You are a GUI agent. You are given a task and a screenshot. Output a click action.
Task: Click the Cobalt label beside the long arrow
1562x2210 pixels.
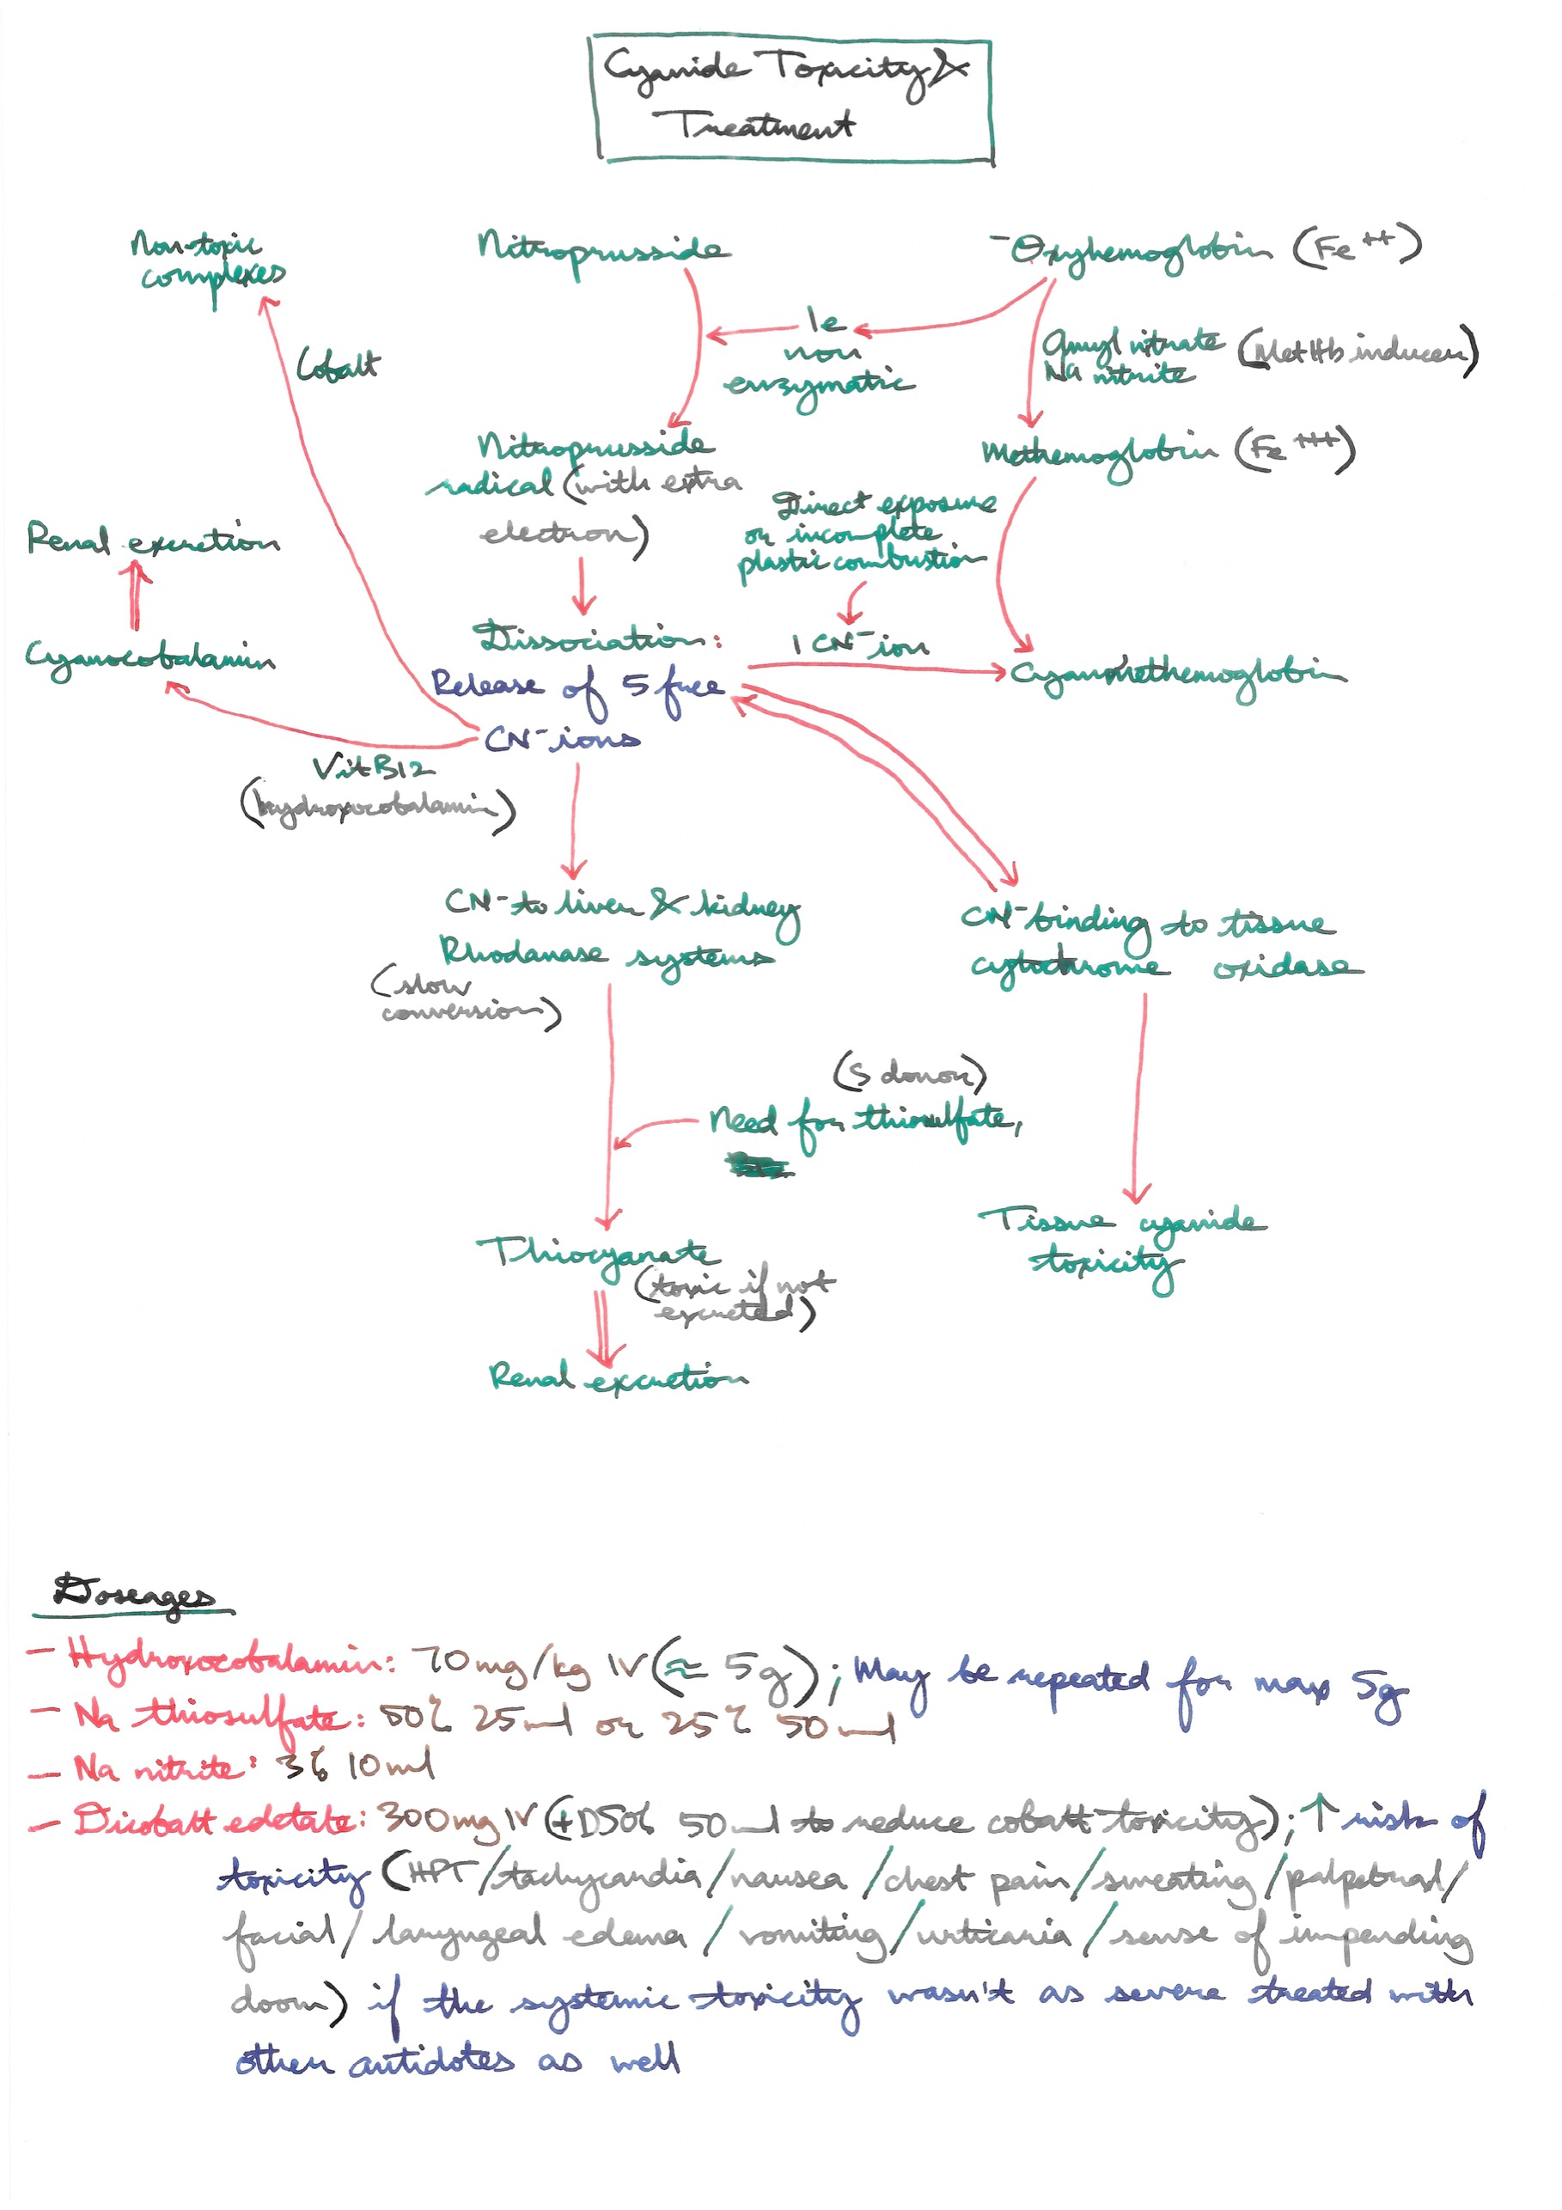click(337, 366)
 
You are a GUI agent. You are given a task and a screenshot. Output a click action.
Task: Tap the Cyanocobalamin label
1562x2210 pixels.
click(149, 659)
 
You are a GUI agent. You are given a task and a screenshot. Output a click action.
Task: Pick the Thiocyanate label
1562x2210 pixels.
click(596, 1255)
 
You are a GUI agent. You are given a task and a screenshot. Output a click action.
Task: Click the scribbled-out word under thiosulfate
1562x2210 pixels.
click(760, 1168)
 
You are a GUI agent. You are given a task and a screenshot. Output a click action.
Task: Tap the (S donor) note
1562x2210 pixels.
click(910, 1073)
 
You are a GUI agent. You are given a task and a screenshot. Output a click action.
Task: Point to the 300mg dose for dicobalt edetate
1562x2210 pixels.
click(438, 1820)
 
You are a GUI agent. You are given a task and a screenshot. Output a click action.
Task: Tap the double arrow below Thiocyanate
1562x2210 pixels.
click(602, 1328)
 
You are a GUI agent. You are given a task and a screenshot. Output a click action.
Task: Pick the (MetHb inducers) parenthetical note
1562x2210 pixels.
click(1357, 352)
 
